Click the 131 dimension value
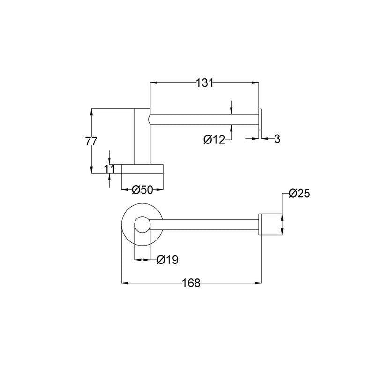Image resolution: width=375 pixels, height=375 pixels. point(204,83)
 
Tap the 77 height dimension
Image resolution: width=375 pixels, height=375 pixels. point(91,141)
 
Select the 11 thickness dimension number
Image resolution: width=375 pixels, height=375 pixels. point(109,169)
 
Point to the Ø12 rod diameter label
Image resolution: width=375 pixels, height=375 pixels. point(215,139)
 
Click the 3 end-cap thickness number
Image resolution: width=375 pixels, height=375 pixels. point(277,139)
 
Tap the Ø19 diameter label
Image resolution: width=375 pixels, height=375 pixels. point(168,259)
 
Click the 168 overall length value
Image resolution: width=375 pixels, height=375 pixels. point(192,283)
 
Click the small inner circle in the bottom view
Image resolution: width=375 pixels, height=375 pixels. point(142,225)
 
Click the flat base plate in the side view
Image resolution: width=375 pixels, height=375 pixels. point(142,169)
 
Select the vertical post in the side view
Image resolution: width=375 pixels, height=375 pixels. point(142,136)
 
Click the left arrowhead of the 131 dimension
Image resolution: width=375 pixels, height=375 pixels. point(152,83)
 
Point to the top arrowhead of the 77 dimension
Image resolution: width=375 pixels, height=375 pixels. point(91,111)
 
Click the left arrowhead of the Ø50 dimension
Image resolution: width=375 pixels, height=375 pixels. point(124,190)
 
